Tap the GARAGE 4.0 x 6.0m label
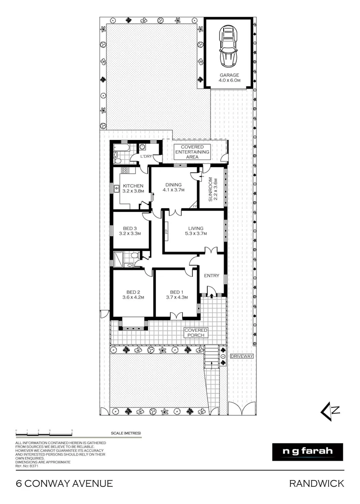229,77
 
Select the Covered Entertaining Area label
192,152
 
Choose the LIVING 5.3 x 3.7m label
193,231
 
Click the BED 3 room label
130,231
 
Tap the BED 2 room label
133,294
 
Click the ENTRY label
212,276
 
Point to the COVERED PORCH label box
196,333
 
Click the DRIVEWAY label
242,356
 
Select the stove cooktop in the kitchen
125,171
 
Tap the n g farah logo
308,452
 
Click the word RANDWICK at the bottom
317,483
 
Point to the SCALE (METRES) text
126,433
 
